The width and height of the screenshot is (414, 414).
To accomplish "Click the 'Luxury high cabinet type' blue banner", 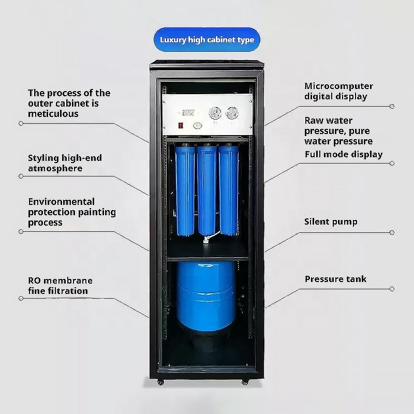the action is (207, 40).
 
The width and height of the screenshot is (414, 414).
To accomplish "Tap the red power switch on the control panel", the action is (180, 125).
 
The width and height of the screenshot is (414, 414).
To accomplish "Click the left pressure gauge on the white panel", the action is (214, 113).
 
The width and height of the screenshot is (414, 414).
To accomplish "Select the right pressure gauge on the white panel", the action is (232, 113).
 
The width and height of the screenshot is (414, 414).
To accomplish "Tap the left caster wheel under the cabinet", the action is (160, 382).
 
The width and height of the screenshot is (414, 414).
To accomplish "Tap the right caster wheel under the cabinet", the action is (245, 382).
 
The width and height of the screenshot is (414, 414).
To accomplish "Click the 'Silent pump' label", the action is (331, 222).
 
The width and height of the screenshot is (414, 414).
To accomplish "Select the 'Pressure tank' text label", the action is (335, 279).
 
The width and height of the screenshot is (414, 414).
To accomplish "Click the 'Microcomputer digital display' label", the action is (338, 91).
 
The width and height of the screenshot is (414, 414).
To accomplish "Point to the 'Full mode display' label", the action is (343, 154).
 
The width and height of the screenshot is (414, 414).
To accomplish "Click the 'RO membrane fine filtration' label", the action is (60, 286).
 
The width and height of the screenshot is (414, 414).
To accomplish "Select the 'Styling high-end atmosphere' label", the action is (65, 163).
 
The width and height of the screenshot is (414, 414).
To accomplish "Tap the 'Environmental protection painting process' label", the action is (71, 212).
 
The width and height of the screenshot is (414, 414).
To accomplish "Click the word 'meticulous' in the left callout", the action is (53, 113).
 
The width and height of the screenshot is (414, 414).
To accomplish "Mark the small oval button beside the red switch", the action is (197, 125).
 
